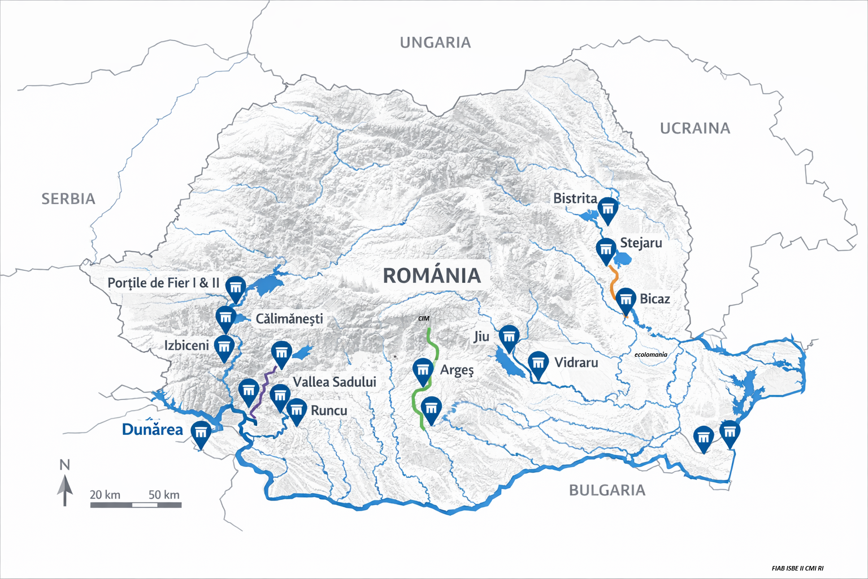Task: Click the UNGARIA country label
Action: [435, 43]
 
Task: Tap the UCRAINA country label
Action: [695, 129]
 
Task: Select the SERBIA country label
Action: [68, 199]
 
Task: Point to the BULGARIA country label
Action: [607, 490]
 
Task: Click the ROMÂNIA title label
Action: [432, 276]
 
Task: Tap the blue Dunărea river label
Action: [153, 430]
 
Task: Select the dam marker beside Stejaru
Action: [606, 249]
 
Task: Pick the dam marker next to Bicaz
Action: [626, 300]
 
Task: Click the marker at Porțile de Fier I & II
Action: [236, 287]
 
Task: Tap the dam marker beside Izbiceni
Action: [225, 347]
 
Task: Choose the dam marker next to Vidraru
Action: [538, 364]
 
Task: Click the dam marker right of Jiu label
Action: [509, 337]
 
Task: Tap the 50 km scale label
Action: [164, 495]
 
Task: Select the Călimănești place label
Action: [289, 319]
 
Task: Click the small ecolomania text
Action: [650, 355]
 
